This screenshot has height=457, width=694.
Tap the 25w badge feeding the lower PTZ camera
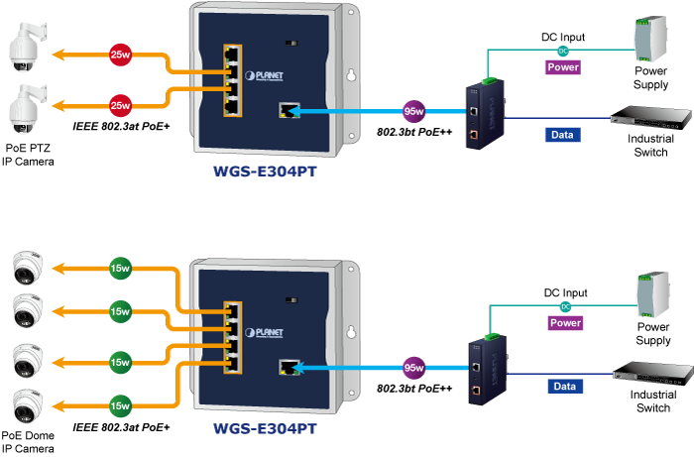pyautogui.click(x=120, y=104)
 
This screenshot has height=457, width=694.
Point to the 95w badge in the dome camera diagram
pyautogui.click(x=415, y=367)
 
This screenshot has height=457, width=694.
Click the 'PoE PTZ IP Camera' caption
pyautogui.click(x=26, y=154)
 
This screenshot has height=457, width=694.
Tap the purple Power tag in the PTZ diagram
pyautogui.click(x=562, y=67)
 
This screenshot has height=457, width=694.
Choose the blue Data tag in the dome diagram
pyautogui.click(x=563, y=387)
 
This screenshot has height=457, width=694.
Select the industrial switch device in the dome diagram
pyautogui.click(x=648, y=373)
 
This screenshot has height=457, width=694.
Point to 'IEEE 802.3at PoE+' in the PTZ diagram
pyautogui.click(x=121, y=128)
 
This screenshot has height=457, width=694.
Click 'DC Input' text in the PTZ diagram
pyautogui.click(x=562, y=38)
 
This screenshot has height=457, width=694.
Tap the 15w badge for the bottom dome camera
pyautogui.click(x=120, y=404)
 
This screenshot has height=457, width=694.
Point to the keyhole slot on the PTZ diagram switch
pyautogui.click(x=350, y=73)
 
